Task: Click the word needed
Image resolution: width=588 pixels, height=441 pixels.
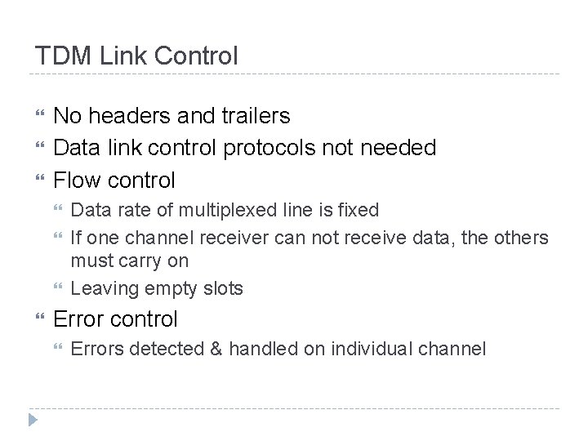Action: (401, 147)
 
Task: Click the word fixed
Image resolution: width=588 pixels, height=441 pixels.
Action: (359, 210)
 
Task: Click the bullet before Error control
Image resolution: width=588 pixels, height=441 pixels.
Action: (37, 319)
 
